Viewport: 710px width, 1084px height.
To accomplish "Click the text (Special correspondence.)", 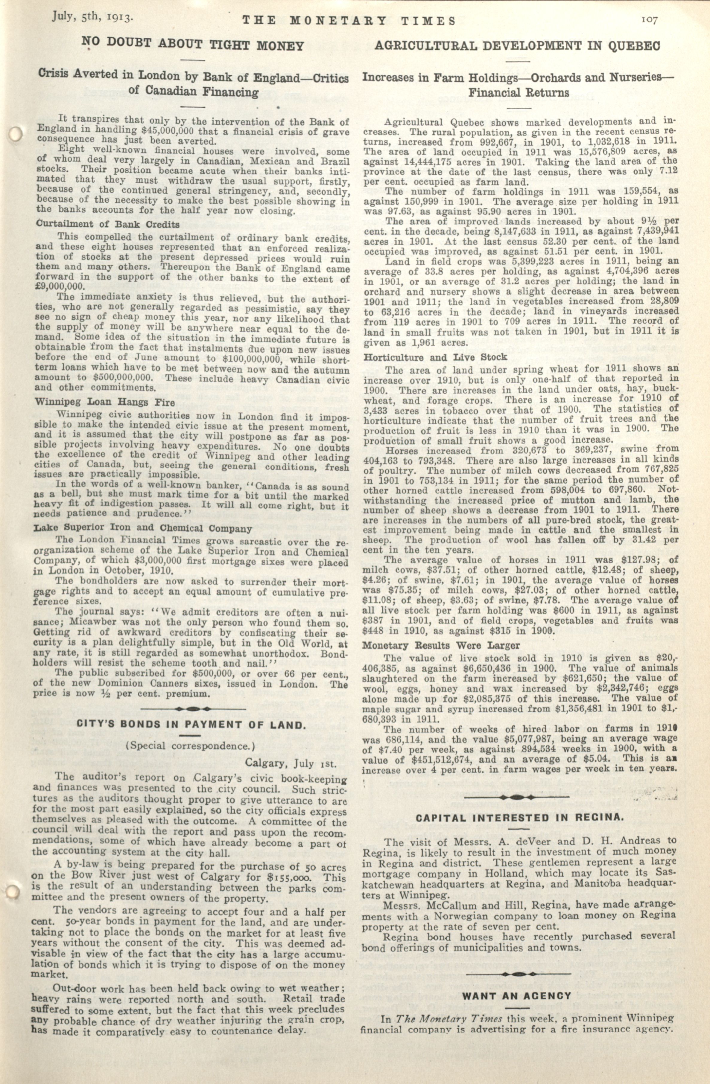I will coord(190,746).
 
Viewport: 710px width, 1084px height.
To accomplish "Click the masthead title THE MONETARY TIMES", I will coord(349,21).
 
